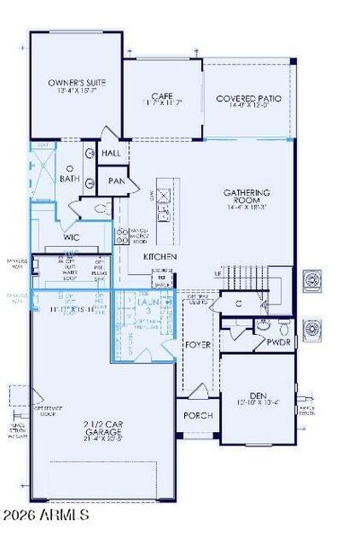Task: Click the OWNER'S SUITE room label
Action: tap(75, 82)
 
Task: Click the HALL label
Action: tap(110, 154)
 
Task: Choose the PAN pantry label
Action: tap(116, 181)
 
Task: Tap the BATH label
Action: tap(70, 178)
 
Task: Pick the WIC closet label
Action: tap(73, 238)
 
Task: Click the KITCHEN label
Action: tap(159, 257)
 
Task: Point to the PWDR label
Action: tap(279, 343)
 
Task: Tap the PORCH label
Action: tap(198, 416)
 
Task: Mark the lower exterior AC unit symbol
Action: tap(315, 328)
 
